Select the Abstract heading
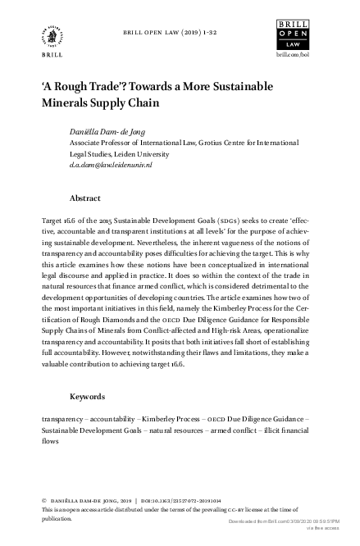point(85,198)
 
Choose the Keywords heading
point(89,396)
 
